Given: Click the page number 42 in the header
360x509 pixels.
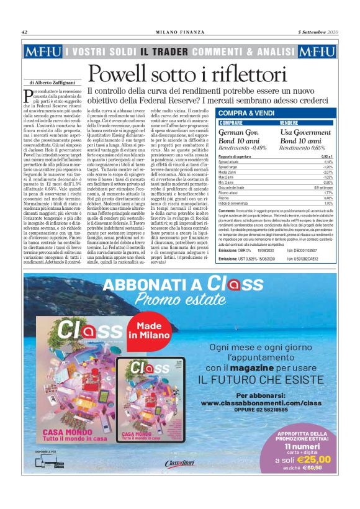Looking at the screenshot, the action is pyautogui.click(x=24, y=32).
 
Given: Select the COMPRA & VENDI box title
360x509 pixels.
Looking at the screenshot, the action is pyautogui.click(x=246, y=113).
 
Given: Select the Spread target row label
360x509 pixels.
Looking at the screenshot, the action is pyautogui.click(x=230, y=167).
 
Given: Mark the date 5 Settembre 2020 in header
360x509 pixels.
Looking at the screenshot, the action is pyautogui.click(x=318, y=32).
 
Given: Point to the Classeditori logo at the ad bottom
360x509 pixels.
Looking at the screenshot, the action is pyautogui.click(x=179, y=480).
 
